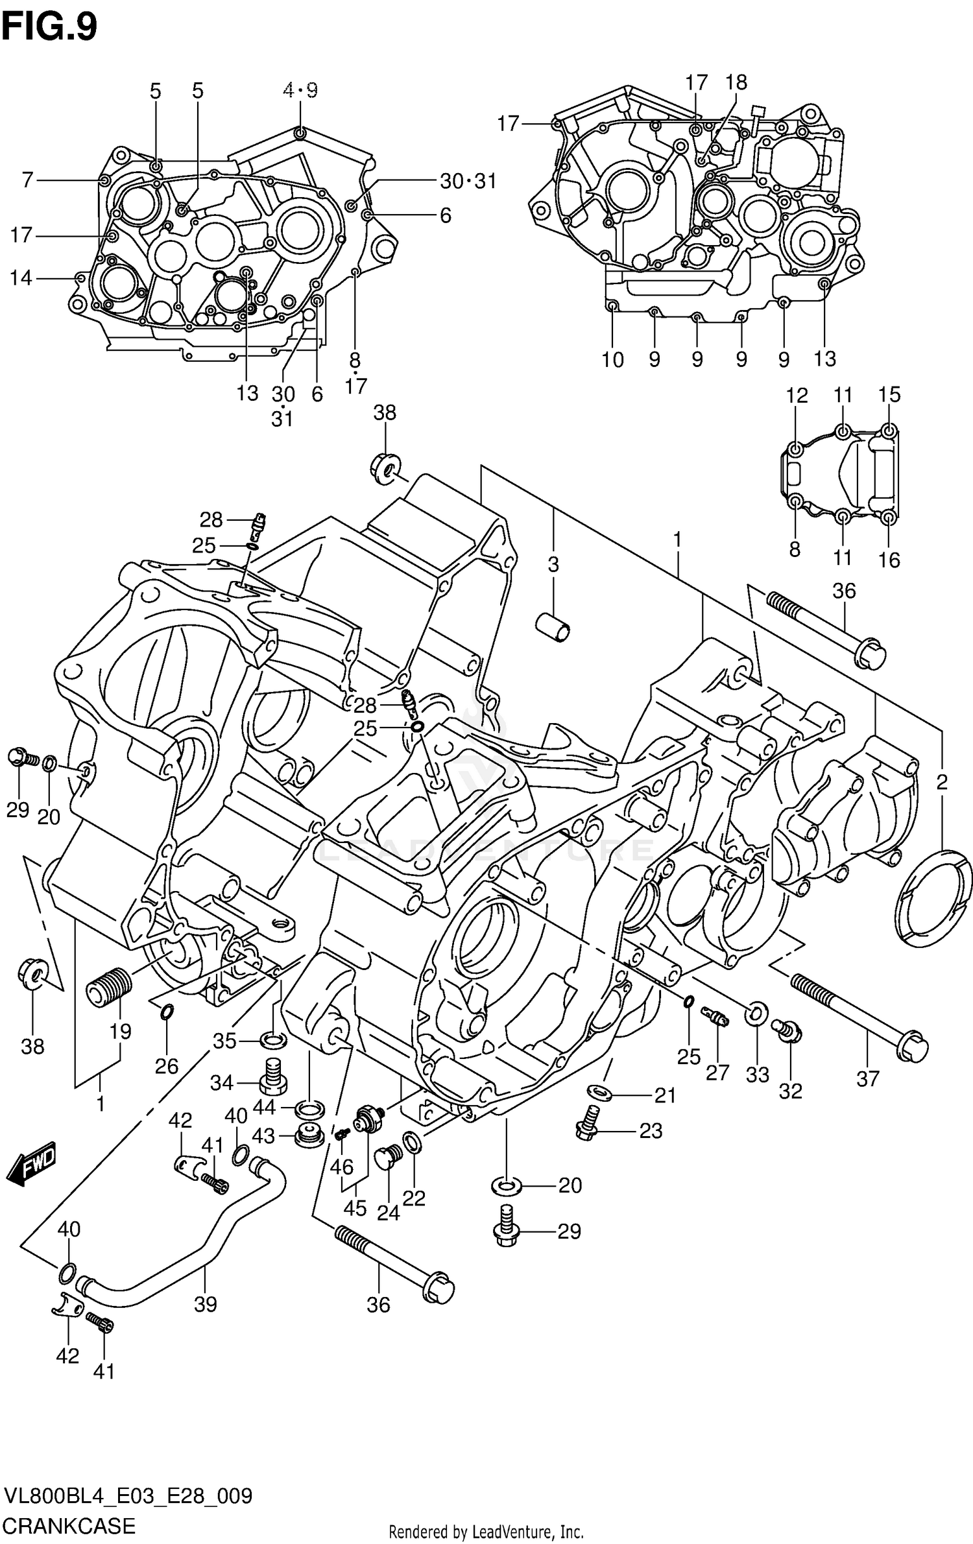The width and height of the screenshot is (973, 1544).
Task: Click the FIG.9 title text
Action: [x=49, y=27]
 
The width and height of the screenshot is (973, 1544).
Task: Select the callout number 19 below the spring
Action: [x=121, y=1031]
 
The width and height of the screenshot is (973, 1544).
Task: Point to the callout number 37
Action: [x=867, y=1078]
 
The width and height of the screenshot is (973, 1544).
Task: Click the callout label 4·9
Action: [x=300, y=90]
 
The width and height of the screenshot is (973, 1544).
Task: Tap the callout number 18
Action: [x=736, y=82]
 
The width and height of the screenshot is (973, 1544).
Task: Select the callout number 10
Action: [x=612, y=359]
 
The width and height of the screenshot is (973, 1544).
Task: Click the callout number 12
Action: [x=797, y=395]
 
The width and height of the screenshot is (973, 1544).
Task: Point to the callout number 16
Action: [x=889, y=559]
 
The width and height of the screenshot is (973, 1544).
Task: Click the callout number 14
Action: [x=21, y=278]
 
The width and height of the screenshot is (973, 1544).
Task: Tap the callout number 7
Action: [x=27, y=180]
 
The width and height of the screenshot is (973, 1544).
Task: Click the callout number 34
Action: [x=222, y=1082]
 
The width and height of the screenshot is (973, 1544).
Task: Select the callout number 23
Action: [x=651, y=1131]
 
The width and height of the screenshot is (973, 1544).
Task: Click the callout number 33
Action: [x=757, y=1075]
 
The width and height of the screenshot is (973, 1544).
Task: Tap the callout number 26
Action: [x=167, y=1065]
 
